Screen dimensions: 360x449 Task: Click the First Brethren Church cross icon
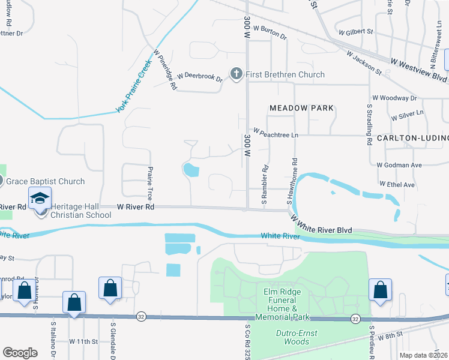(x=237, y=74)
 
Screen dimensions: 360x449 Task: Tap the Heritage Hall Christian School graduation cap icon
(x=40, y=199)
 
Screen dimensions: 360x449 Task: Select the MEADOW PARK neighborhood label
(x=301, y=108)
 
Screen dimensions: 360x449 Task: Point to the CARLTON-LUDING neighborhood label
(x=412, y=138)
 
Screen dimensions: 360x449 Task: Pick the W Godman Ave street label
(x=399, y=164)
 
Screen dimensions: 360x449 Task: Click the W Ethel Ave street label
(x=397, y=185)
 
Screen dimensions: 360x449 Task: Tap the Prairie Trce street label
(x=149, y=184)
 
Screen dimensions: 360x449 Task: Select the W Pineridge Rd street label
(x=165, y=70)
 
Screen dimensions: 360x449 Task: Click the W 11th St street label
(x=83, y=341)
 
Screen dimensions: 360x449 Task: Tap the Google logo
(x=20, y=352)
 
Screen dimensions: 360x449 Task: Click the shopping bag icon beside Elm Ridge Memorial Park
(x=381, y=289)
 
